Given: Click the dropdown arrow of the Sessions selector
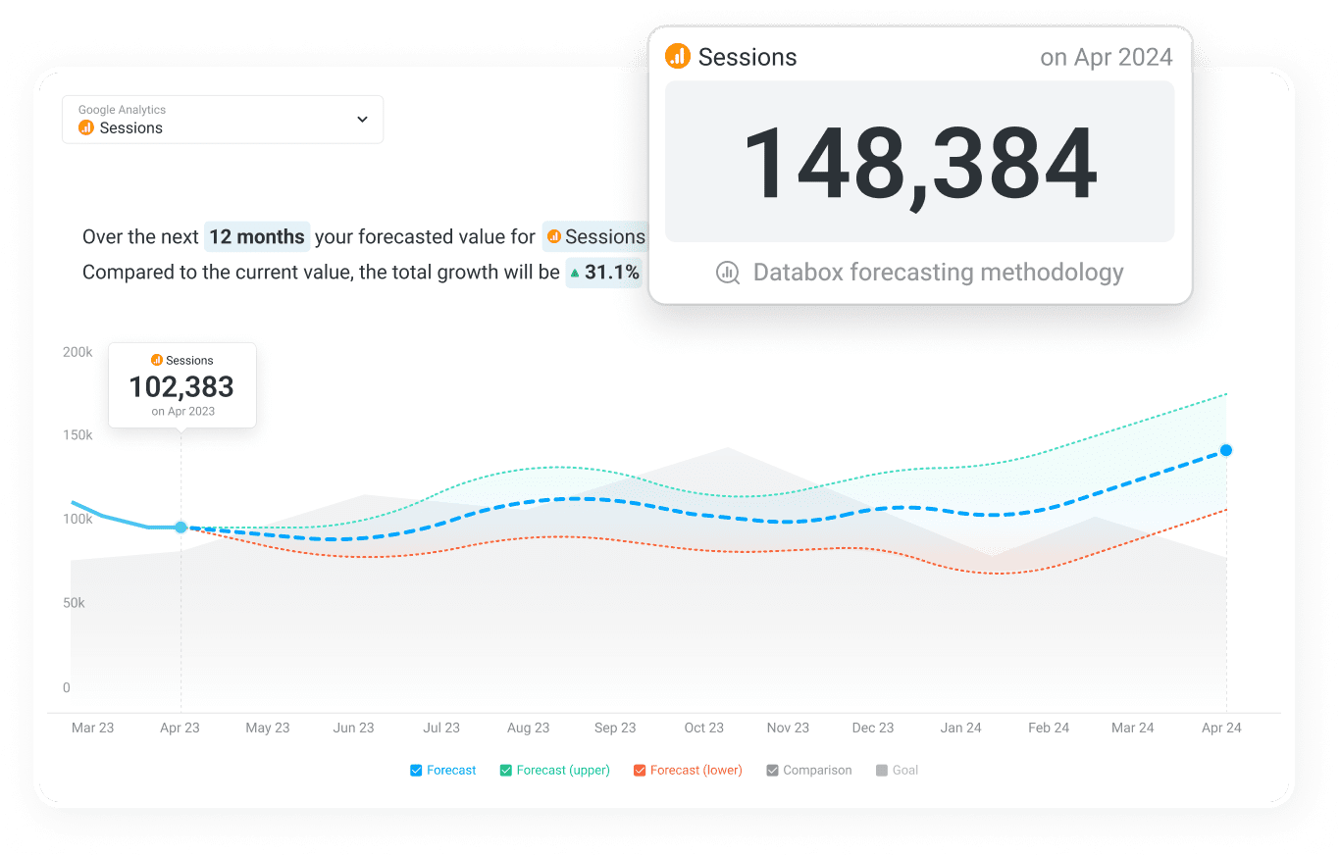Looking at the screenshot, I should [x=362, y=120].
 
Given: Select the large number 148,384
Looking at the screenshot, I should [x=919, y=163].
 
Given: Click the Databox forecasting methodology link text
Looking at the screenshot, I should [x=938, y=272].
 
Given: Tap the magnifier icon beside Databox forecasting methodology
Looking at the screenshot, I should [x=728, y=273].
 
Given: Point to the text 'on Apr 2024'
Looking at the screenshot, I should [x=1106, y=57].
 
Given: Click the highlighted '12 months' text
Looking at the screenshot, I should [x=257, y=236].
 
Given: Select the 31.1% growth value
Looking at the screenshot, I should [x=611, y=272].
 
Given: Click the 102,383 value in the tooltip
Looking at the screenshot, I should [x=181, y=386].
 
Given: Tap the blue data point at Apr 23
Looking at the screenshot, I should [x=180, y=528].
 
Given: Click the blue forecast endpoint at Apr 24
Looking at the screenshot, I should [x=1226, y=450].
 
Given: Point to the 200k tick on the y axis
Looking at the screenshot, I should [x=77, y=352].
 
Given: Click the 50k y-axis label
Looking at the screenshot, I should [x=74, y=603].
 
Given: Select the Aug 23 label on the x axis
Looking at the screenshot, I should [x=528, y=728].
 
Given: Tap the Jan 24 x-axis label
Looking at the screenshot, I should [x=960, y=728].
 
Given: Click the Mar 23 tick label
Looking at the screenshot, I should [x=92, y=728].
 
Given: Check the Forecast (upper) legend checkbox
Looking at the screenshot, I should [x=506, y=771].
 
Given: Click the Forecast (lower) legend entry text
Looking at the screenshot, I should [x=696, y=771].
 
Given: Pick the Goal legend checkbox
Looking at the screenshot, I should [x=882, y=771].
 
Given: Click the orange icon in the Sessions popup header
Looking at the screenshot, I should [x=677, y=56].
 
